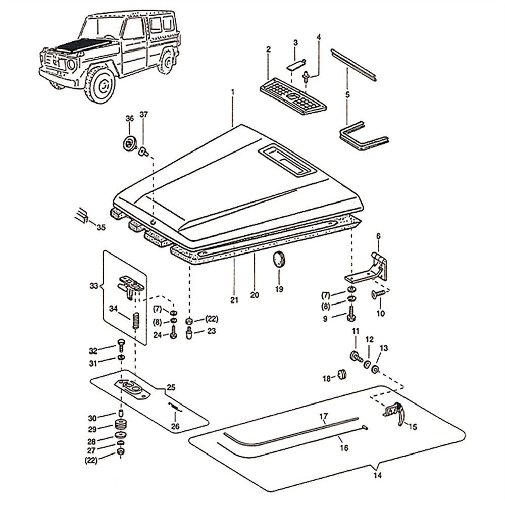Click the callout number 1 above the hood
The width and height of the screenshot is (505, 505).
(233, 93)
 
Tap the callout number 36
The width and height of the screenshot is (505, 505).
(129, 118)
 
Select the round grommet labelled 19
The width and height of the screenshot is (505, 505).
(279, 260)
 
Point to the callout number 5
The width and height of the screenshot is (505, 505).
(347, 94)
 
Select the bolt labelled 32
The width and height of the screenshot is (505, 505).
(121, 344)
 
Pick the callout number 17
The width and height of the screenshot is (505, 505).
(323, 417)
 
